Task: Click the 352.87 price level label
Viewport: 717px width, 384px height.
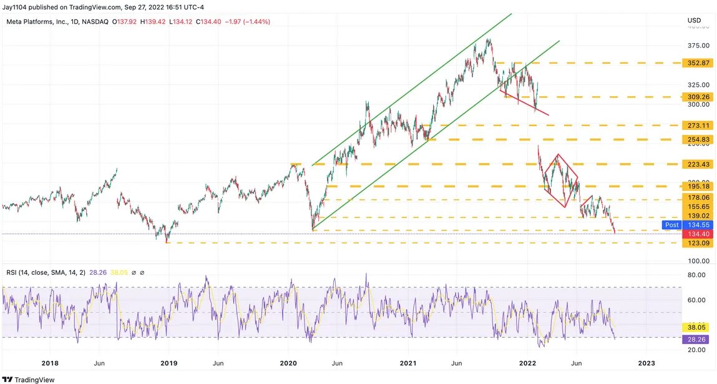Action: point(698,63)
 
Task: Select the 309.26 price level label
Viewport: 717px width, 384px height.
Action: point(698,97)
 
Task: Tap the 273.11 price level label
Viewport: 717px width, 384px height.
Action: point(698,126)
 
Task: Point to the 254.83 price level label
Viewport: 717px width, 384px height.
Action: point(698,139)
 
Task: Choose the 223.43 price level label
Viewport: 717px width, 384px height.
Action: point(698,164)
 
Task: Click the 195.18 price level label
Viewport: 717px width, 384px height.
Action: point(698,187)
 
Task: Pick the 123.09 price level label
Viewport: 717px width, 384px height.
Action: point(698,243)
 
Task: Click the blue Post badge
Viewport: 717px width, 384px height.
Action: point(671,225)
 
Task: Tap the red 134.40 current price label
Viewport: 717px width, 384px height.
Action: point(698,234)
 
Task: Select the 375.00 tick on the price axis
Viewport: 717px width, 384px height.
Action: point(697,46)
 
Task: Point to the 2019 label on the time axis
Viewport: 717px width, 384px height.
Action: point(168,363)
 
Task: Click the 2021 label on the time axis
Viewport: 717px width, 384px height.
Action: point(408,363)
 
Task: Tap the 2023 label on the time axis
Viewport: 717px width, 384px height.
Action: point(646,363)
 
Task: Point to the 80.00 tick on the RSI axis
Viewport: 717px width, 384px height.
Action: point(696,275)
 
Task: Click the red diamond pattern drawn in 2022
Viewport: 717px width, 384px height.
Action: point(560,181)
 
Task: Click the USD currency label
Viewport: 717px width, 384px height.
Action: point(694,21)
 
